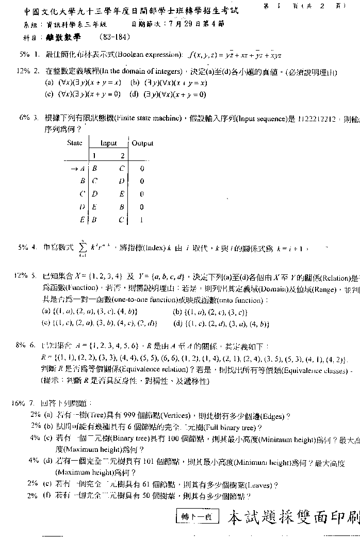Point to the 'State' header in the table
pos(75,143)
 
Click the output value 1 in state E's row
pos(142,219)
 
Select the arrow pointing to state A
pos(74,168)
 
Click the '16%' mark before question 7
pos(19,403)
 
